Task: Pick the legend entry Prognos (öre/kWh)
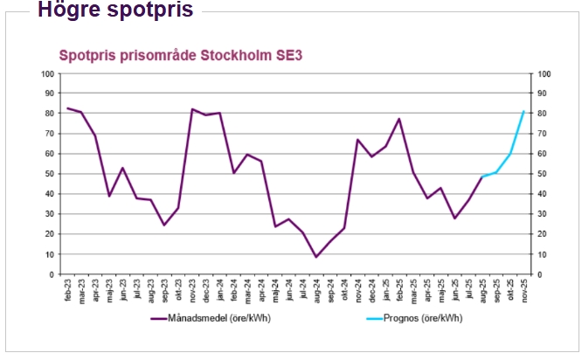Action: [419, 319]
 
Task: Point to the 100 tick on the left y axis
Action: [47, 73]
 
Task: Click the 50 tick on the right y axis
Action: [544, 173]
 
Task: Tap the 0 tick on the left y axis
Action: [51, 273]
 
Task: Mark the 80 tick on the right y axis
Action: [544, 113]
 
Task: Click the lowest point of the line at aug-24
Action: [316, 257]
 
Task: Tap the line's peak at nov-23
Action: [192, 109]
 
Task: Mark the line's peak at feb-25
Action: [399, 119]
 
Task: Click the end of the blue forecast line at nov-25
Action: [523, 111]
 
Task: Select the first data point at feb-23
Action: [68, 108]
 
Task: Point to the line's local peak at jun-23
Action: [123, 168]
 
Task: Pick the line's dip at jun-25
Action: [454, 218]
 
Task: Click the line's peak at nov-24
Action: [357, 140]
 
